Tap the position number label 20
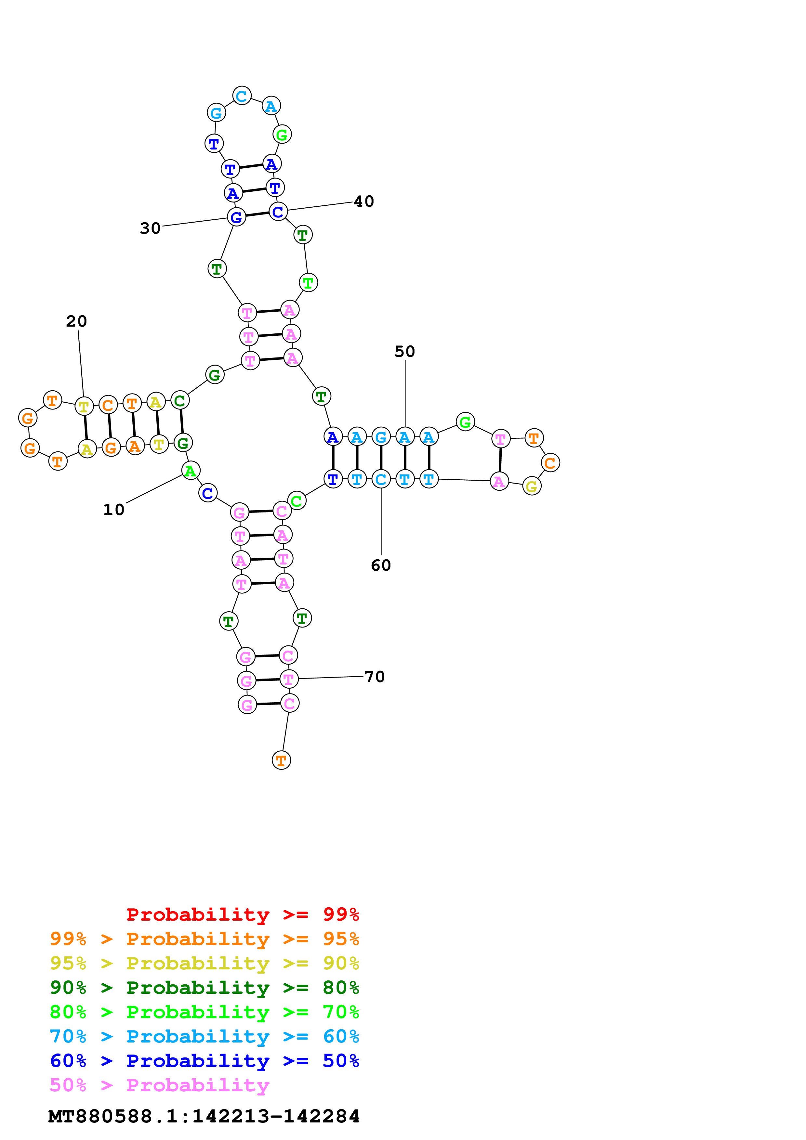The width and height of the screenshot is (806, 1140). [x=76, y=321]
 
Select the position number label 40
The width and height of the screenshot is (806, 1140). [x=363, y=201]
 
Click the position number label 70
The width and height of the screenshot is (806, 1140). [x=375, y=676]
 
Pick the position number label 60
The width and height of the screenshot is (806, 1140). [x=381, y=565]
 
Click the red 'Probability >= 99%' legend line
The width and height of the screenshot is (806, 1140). [x=242, y=914]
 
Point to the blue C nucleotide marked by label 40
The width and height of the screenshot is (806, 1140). [x=278, y=212]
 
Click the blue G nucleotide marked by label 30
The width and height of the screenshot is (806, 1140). [x=236, y=217]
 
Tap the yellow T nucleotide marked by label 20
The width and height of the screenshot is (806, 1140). [x=84, y=407]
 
